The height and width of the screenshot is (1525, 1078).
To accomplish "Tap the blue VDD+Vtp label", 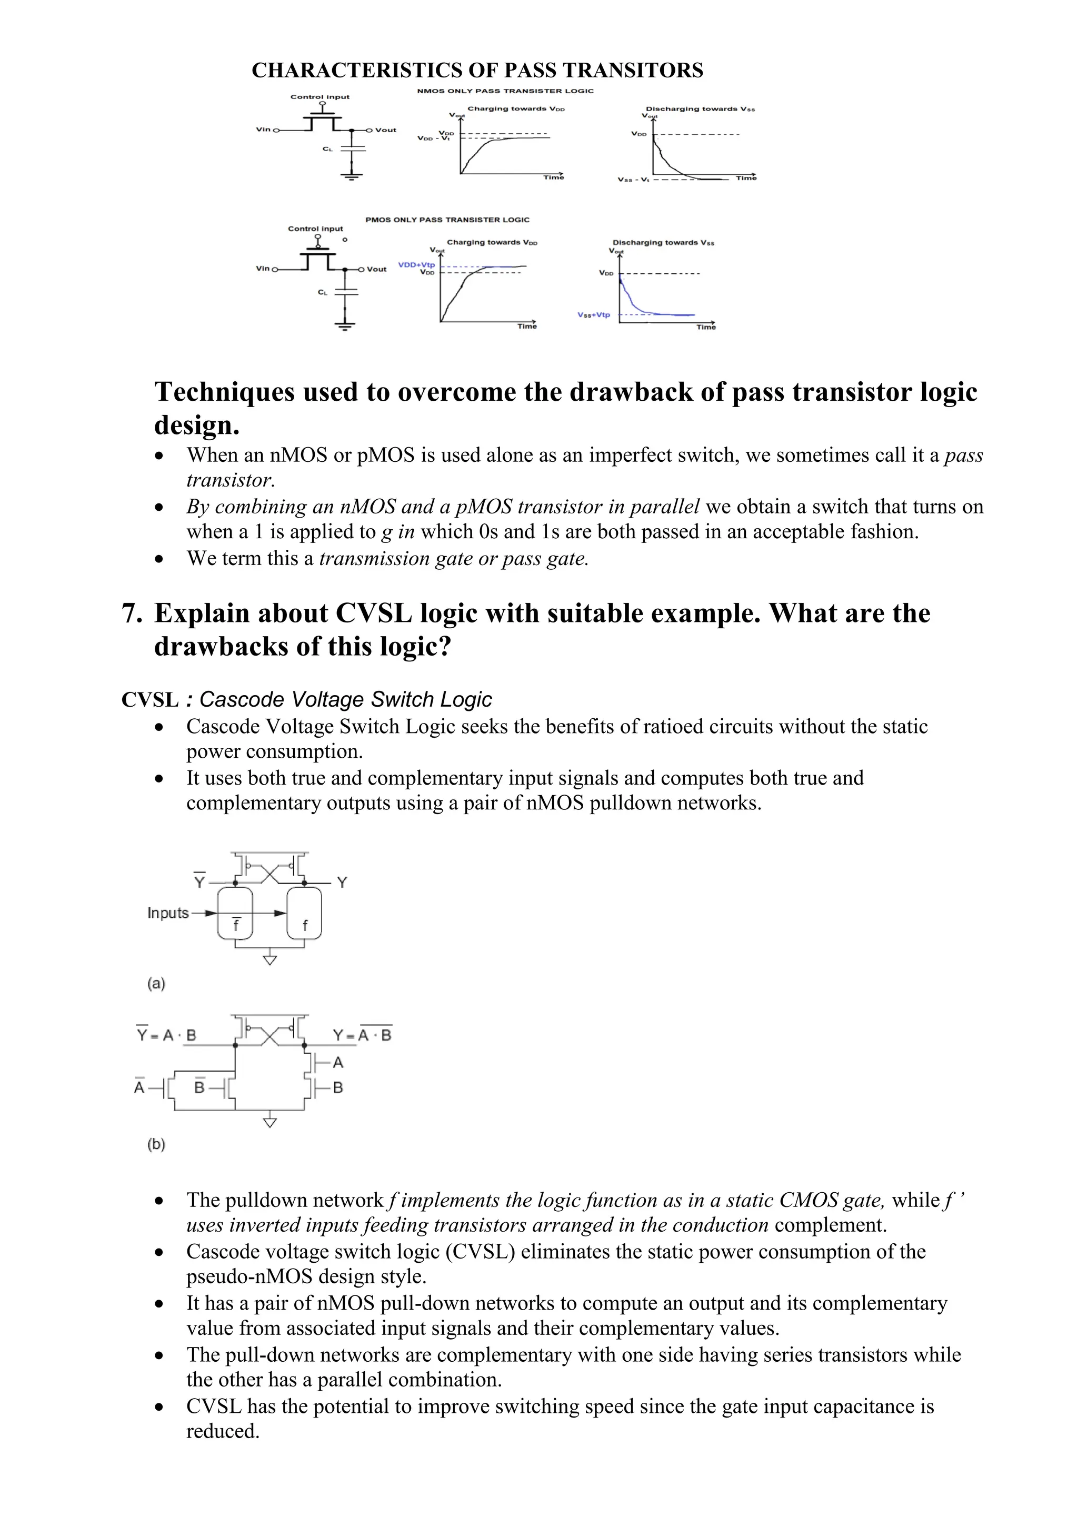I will click(416, 264).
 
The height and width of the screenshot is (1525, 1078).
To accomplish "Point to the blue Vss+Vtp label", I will click(593, 315).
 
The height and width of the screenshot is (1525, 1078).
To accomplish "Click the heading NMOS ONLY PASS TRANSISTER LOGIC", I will click(505, 91).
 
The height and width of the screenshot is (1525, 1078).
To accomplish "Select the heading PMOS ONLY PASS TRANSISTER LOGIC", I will click(447, 220).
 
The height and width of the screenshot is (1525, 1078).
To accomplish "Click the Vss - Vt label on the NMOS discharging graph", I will click(633, 180).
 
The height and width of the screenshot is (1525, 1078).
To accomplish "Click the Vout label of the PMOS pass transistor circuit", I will click(376, 269).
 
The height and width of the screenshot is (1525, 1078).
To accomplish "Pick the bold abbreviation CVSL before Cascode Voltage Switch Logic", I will click(149, 699).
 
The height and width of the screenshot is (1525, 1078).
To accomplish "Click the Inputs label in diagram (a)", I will click(168, 913).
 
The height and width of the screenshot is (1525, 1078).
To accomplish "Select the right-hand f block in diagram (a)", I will click(304, 915).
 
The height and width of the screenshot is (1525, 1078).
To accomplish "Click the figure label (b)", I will click(156, 1144).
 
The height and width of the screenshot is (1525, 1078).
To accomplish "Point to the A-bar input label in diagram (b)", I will click(139, 1087).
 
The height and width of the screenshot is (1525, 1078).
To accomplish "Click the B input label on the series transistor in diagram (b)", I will click(338, 1088).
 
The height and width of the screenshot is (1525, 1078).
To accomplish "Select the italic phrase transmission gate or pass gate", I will click(454, 559).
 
